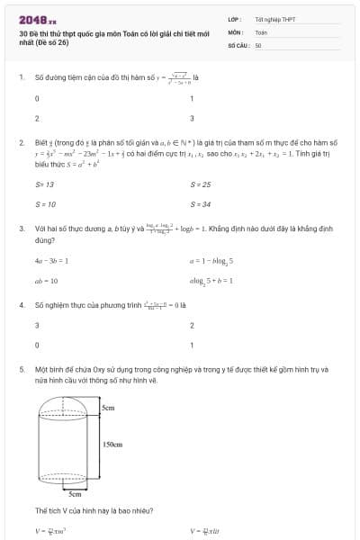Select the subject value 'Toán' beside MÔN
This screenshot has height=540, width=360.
[261, 31]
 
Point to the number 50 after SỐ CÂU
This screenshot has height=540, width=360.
[258, 44]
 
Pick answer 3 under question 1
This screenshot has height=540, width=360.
[192, 118]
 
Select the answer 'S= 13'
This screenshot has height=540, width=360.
[44, 184]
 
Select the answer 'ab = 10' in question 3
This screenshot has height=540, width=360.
[46, 280]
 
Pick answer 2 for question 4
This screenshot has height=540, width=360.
[192, 325]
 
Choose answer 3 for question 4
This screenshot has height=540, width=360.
[37, 325]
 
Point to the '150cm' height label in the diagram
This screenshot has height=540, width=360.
[113, 444]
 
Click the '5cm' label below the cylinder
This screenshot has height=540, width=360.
[76, 493]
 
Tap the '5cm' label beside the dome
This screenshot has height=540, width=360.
[108, 409]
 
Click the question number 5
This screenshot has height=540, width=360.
[21, 369]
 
